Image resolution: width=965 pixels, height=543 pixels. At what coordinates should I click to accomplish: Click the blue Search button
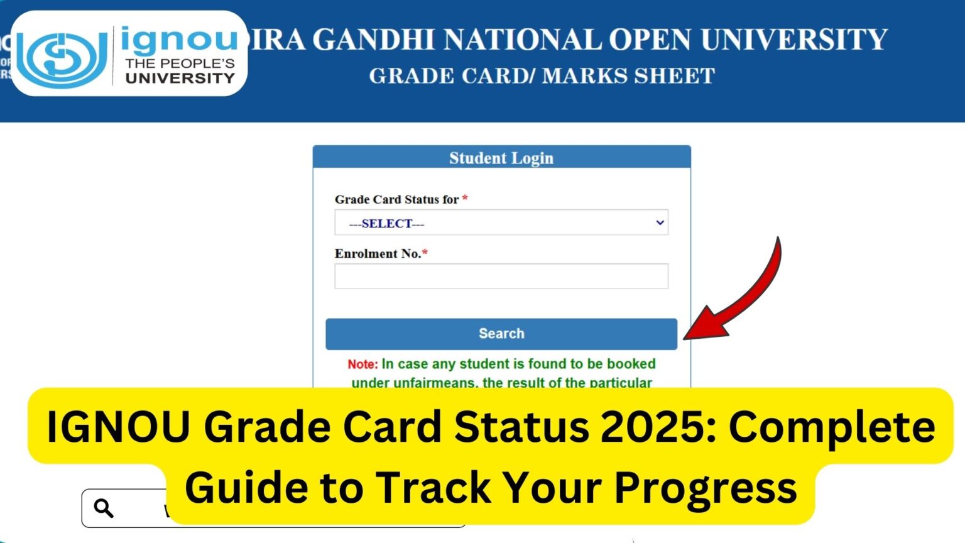pyautogui.click(x=501, y=334)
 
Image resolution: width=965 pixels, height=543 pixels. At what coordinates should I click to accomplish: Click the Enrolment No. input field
pyautogui.click(x=501, y=277)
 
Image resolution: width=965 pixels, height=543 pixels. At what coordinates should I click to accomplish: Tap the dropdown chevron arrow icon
pyautogui.click(x=660, y=223)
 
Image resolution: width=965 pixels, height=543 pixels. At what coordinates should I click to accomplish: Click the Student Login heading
pyautogui.click(x=501, y=158)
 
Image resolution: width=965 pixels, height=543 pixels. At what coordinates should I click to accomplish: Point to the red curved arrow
pyautogui.click(x=741, y=295)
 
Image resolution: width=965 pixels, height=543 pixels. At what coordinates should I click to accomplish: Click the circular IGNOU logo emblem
pyautogui.click(x=62, y=57)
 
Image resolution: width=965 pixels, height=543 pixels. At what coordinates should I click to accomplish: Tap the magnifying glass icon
pyautogui.click(x=103, y=508)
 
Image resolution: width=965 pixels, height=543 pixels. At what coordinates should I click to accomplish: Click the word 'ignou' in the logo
pyautogui.click(x=179, y=40)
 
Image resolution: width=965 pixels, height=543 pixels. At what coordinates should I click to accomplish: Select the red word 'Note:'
pyautogui.click(x=363, y=364)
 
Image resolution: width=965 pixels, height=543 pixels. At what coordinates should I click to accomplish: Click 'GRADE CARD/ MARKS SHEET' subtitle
pyautogui.click(x=542, y=76)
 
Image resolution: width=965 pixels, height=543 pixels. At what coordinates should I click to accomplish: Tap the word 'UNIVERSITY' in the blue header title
pyautogui.click(x=794, y=40)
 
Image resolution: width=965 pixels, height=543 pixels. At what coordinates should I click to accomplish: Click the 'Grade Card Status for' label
pyautogui.click(x=396, y=199)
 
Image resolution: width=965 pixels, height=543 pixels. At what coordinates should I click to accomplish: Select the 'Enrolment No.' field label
pyautogui.click(x=377, y=254)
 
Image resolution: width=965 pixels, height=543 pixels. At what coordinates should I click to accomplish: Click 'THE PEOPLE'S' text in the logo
pyautogui.click(x=180, y=63)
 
